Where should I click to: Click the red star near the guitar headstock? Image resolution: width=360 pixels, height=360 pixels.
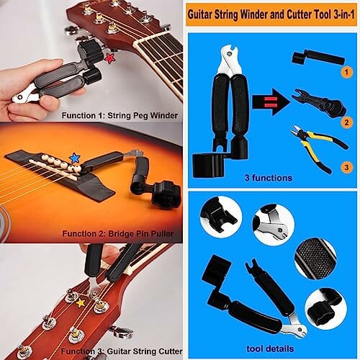[x=109, y=58]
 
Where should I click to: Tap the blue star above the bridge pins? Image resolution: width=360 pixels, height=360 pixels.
[x=75, y=158]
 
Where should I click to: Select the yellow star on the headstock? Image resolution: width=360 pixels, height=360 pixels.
[x=81, y=302]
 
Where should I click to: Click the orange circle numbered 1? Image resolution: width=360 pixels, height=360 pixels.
[x=346, y=72]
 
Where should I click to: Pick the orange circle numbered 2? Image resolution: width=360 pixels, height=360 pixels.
[x=346, y=122]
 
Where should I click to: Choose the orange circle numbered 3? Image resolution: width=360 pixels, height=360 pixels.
[x=346, y=167]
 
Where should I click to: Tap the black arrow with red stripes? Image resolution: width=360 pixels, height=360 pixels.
[x=271, y=102]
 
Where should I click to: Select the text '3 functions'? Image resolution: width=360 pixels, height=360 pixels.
[x=269, y=178]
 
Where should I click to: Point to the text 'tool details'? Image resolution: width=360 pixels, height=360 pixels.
[x=270, y=348]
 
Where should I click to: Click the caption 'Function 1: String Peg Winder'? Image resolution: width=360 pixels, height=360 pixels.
[x=120, y=115]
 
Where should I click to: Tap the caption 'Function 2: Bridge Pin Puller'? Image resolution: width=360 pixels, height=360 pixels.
[x=117, y=233]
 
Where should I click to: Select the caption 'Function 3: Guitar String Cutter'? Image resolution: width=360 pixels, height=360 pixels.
[x=122, y=351]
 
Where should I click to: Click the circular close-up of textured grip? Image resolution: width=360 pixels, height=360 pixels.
[x=315, y=258]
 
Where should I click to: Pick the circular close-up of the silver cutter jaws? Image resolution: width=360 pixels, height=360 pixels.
[x=274, y=224]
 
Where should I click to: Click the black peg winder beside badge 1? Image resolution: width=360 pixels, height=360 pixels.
[x=318, y=58]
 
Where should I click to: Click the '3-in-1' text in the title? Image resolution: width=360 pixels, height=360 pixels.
[x=343, y=15]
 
